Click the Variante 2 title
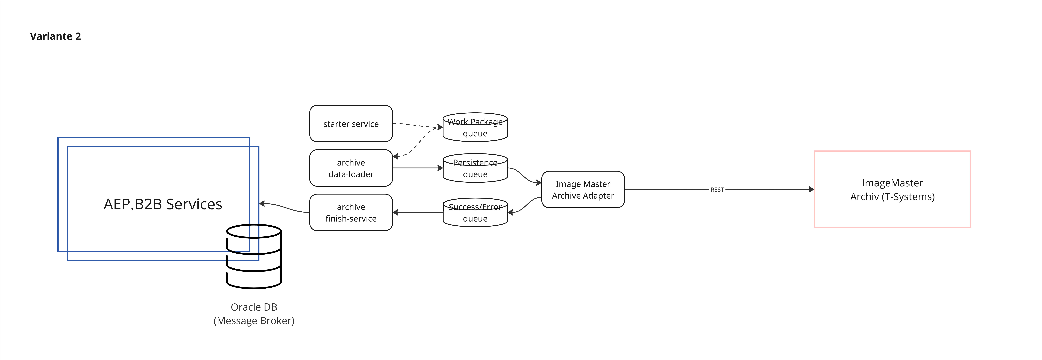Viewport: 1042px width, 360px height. [55, 36]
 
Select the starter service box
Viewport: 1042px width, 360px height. [351, 124]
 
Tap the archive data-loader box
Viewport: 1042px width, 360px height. [351, 168]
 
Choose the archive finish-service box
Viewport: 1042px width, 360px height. [351, 213]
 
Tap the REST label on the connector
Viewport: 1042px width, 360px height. [717, 190]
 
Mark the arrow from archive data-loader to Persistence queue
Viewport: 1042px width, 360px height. [417, 168]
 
